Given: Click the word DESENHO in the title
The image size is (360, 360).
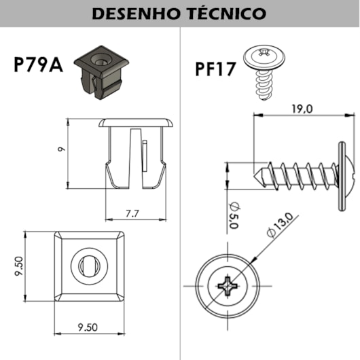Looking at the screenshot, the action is (x=135, y=14).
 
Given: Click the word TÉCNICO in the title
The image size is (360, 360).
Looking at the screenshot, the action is (x=228, y=13).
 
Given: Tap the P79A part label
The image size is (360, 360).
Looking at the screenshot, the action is (x=38, y=65).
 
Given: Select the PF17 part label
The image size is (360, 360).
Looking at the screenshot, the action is (x=215, y=69).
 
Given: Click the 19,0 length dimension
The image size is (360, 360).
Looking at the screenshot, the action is (x=302, y=109).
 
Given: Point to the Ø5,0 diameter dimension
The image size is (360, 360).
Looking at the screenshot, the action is (x=234, y=215).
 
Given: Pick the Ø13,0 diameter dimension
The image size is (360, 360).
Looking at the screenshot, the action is (x=280, y=225).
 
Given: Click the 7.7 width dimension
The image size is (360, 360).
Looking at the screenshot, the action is (x=132, y=214).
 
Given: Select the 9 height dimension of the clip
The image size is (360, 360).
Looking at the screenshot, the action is (x=61, y=149).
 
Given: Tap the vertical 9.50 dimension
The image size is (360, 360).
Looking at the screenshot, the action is (x=19, y=266).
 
